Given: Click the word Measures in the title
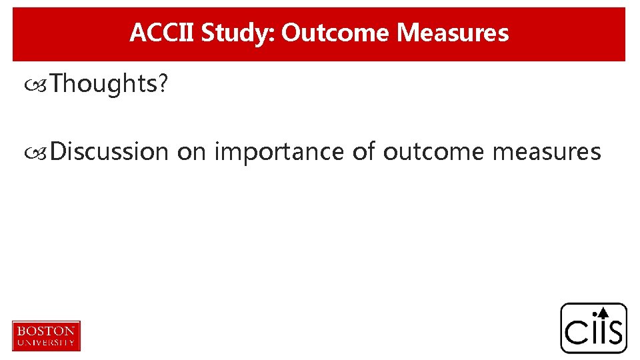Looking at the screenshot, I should click(453, 33).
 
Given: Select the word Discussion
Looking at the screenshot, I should click(109, 152).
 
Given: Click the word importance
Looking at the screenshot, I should click(280, 152).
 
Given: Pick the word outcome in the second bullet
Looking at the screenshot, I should click(434, 152).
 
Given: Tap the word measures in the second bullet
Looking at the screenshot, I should click(546, 152).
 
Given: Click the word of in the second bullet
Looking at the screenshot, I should click(363, 152).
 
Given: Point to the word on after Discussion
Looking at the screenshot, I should click(191, 152).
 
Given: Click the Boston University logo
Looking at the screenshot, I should click(46, 335).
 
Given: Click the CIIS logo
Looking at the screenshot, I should click(593, 328).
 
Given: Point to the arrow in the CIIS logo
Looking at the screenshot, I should click(603, 312).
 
